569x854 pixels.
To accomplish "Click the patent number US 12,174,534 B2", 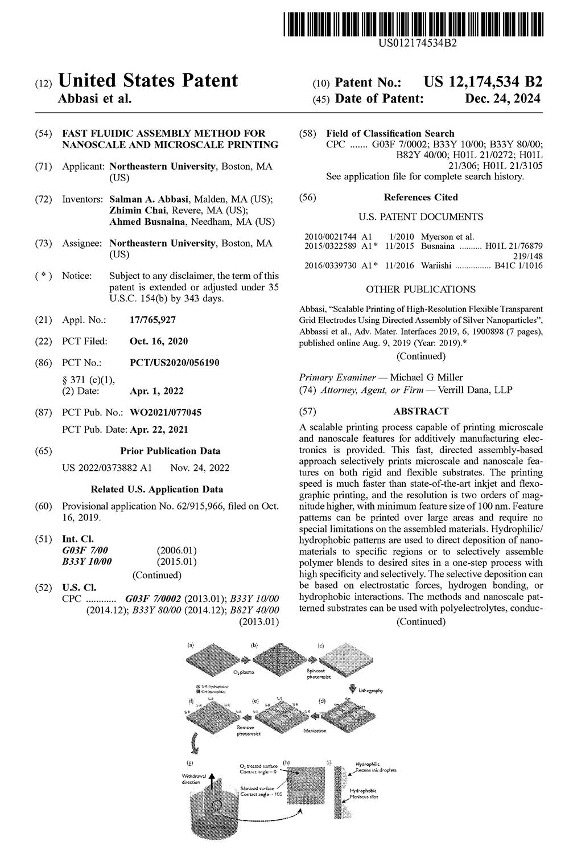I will [483, 82].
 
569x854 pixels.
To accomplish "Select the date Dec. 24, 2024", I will [504, 98].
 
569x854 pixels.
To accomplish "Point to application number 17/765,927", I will [153, 321].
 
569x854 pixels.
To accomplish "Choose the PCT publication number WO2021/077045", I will [166, 412].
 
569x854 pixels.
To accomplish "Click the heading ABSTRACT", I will [420, 411].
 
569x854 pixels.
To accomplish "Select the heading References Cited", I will [420, 197].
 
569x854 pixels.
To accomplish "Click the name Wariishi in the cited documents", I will [437, 266].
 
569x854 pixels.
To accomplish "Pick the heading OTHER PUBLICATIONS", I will [420, 289].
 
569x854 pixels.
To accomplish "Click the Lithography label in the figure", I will [370, 690].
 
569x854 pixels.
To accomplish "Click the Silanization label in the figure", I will [314, 730].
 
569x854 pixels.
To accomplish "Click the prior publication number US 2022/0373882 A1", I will [107, 468].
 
